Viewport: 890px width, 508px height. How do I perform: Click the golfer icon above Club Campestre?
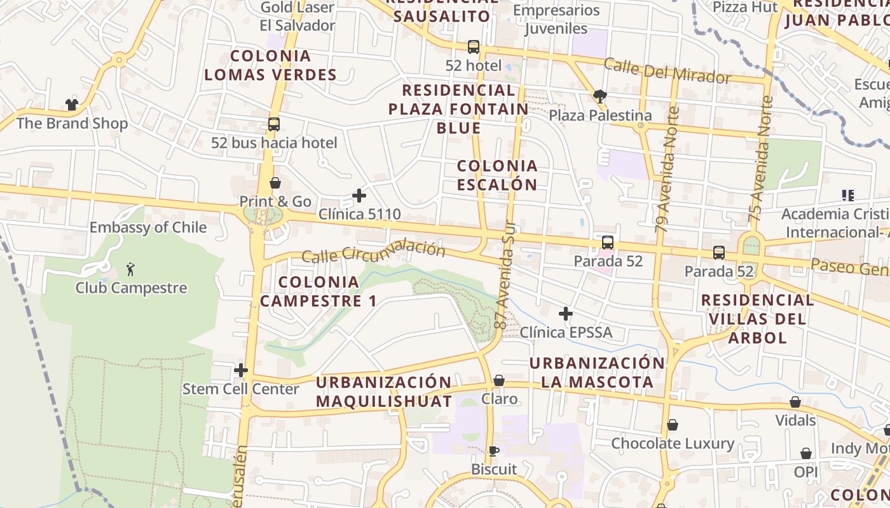point(131,269)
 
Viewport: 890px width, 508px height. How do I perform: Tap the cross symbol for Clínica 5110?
point(359,196)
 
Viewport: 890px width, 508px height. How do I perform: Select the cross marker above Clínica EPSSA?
point(566,314)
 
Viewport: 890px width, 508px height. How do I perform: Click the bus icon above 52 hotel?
point(474,46)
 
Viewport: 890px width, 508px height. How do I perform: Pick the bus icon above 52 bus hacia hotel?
point(274,124)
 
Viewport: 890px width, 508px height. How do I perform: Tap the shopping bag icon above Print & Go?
point(275,183)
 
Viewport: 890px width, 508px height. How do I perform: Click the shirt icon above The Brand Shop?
point(71,105)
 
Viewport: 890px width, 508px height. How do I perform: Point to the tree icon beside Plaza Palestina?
point(599,97)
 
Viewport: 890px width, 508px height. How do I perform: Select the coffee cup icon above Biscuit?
point(493,451)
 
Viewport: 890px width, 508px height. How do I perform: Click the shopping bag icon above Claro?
point(499,380)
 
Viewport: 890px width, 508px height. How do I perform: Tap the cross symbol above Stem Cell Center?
point(241,370)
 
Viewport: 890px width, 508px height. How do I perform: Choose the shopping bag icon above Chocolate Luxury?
point(673,425)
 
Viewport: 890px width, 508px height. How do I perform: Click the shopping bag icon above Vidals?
point(795,402)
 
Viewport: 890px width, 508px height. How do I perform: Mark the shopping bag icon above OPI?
point(805,453)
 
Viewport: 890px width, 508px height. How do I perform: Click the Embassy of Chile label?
point(148,227)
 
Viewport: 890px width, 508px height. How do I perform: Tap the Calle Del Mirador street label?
point(667,70)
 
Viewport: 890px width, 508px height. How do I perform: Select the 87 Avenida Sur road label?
point(505,275)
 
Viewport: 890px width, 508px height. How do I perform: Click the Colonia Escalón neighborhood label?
point(498,175)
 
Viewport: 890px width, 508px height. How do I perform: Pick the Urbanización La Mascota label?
point(597,373)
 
